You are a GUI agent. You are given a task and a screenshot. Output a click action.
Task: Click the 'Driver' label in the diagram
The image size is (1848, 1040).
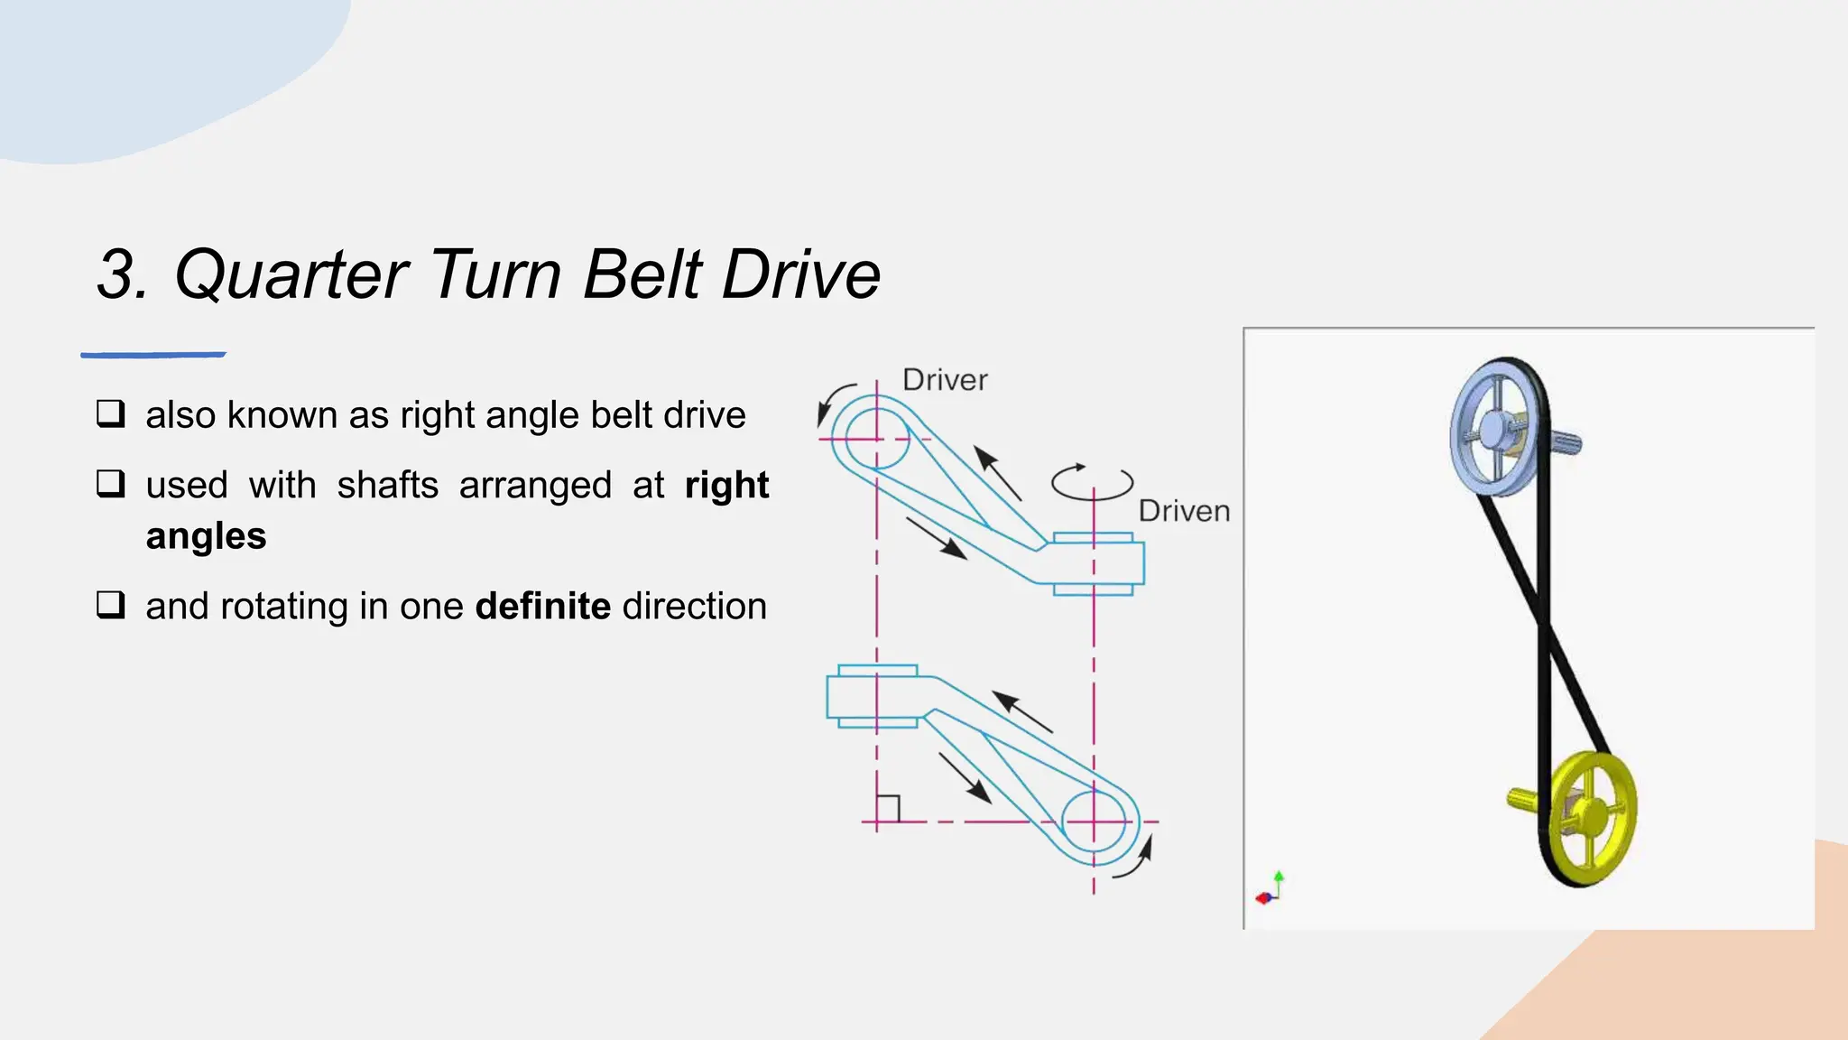[945, 380]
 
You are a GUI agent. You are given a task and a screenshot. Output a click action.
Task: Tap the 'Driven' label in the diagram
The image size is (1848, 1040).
[1184, 511]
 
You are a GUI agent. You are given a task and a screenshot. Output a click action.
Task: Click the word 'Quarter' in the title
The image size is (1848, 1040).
[291, 274]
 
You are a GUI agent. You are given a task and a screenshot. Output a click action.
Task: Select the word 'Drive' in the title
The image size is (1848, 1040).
[801, 274]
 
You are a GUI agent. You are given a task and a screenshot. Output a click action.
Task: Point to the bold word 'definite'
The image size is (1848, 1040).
[543, 606]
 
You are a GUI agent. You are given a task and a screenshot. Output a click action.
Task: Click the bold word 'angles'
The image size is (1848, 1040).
[206, 536]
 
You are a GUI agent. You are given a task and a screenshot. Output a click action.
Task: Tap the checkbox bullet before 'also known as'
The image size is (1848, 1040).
[111, 414]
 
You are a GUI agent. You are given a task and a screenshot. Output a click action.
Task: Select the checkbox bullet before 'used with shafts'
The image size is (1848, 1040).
[111, 484]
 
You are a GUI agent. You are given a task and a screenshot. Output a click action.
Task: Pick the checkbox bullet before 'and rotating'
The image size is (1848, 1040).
[111, 605]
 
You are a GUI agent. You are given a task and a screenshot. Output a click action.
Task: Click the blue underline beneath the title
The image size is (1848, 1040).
[153, 355]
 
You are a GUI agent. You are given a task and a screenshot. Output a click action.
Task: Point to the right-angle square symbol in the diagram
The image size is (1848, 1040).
[888, 808]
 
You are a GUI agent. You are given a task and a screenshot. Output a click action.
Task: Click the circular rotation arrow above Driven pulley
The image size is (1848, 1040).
[1092, 482]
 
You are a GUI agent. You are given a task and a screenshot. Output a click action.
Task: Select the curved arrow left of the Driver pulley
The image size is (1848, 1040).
[832, 403]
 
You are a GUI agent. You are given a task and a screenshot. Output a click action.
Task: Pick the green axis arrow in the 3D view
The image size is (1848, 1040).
[1279, 879]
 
